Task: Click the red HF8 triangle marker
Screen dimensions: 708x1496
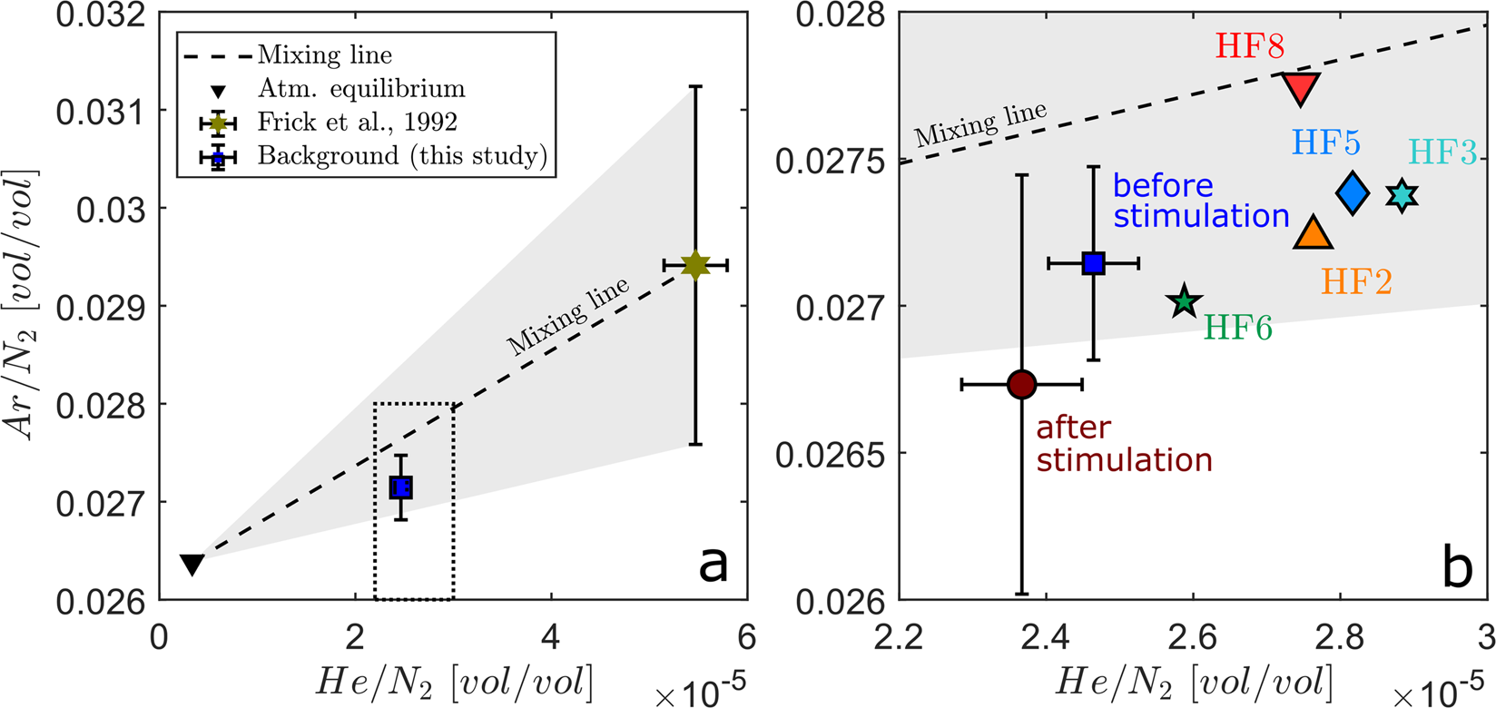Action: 1301,88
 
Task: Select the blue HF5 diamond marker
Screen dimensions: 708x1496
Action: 1353,192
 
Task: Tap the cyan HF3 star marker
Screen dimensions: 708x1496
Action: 1402,195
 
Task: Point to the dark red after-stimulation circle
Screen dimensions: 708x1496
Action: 1022,385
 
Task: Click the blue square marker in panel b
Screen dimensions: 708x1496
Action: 1094,263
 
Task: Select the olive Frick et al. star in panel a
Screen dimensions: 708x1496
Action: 695,265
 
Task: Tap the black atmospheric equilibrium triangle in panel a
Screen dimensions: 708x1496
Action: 192,564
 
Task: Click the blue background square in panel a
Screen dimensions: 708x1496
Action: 401,487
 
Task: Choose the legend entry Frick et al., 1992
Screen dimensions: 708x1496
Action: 357,122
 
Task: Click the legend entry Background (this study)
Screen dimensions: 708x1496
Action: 402,156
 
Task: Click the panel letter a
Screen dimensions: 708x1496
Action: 713,565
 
